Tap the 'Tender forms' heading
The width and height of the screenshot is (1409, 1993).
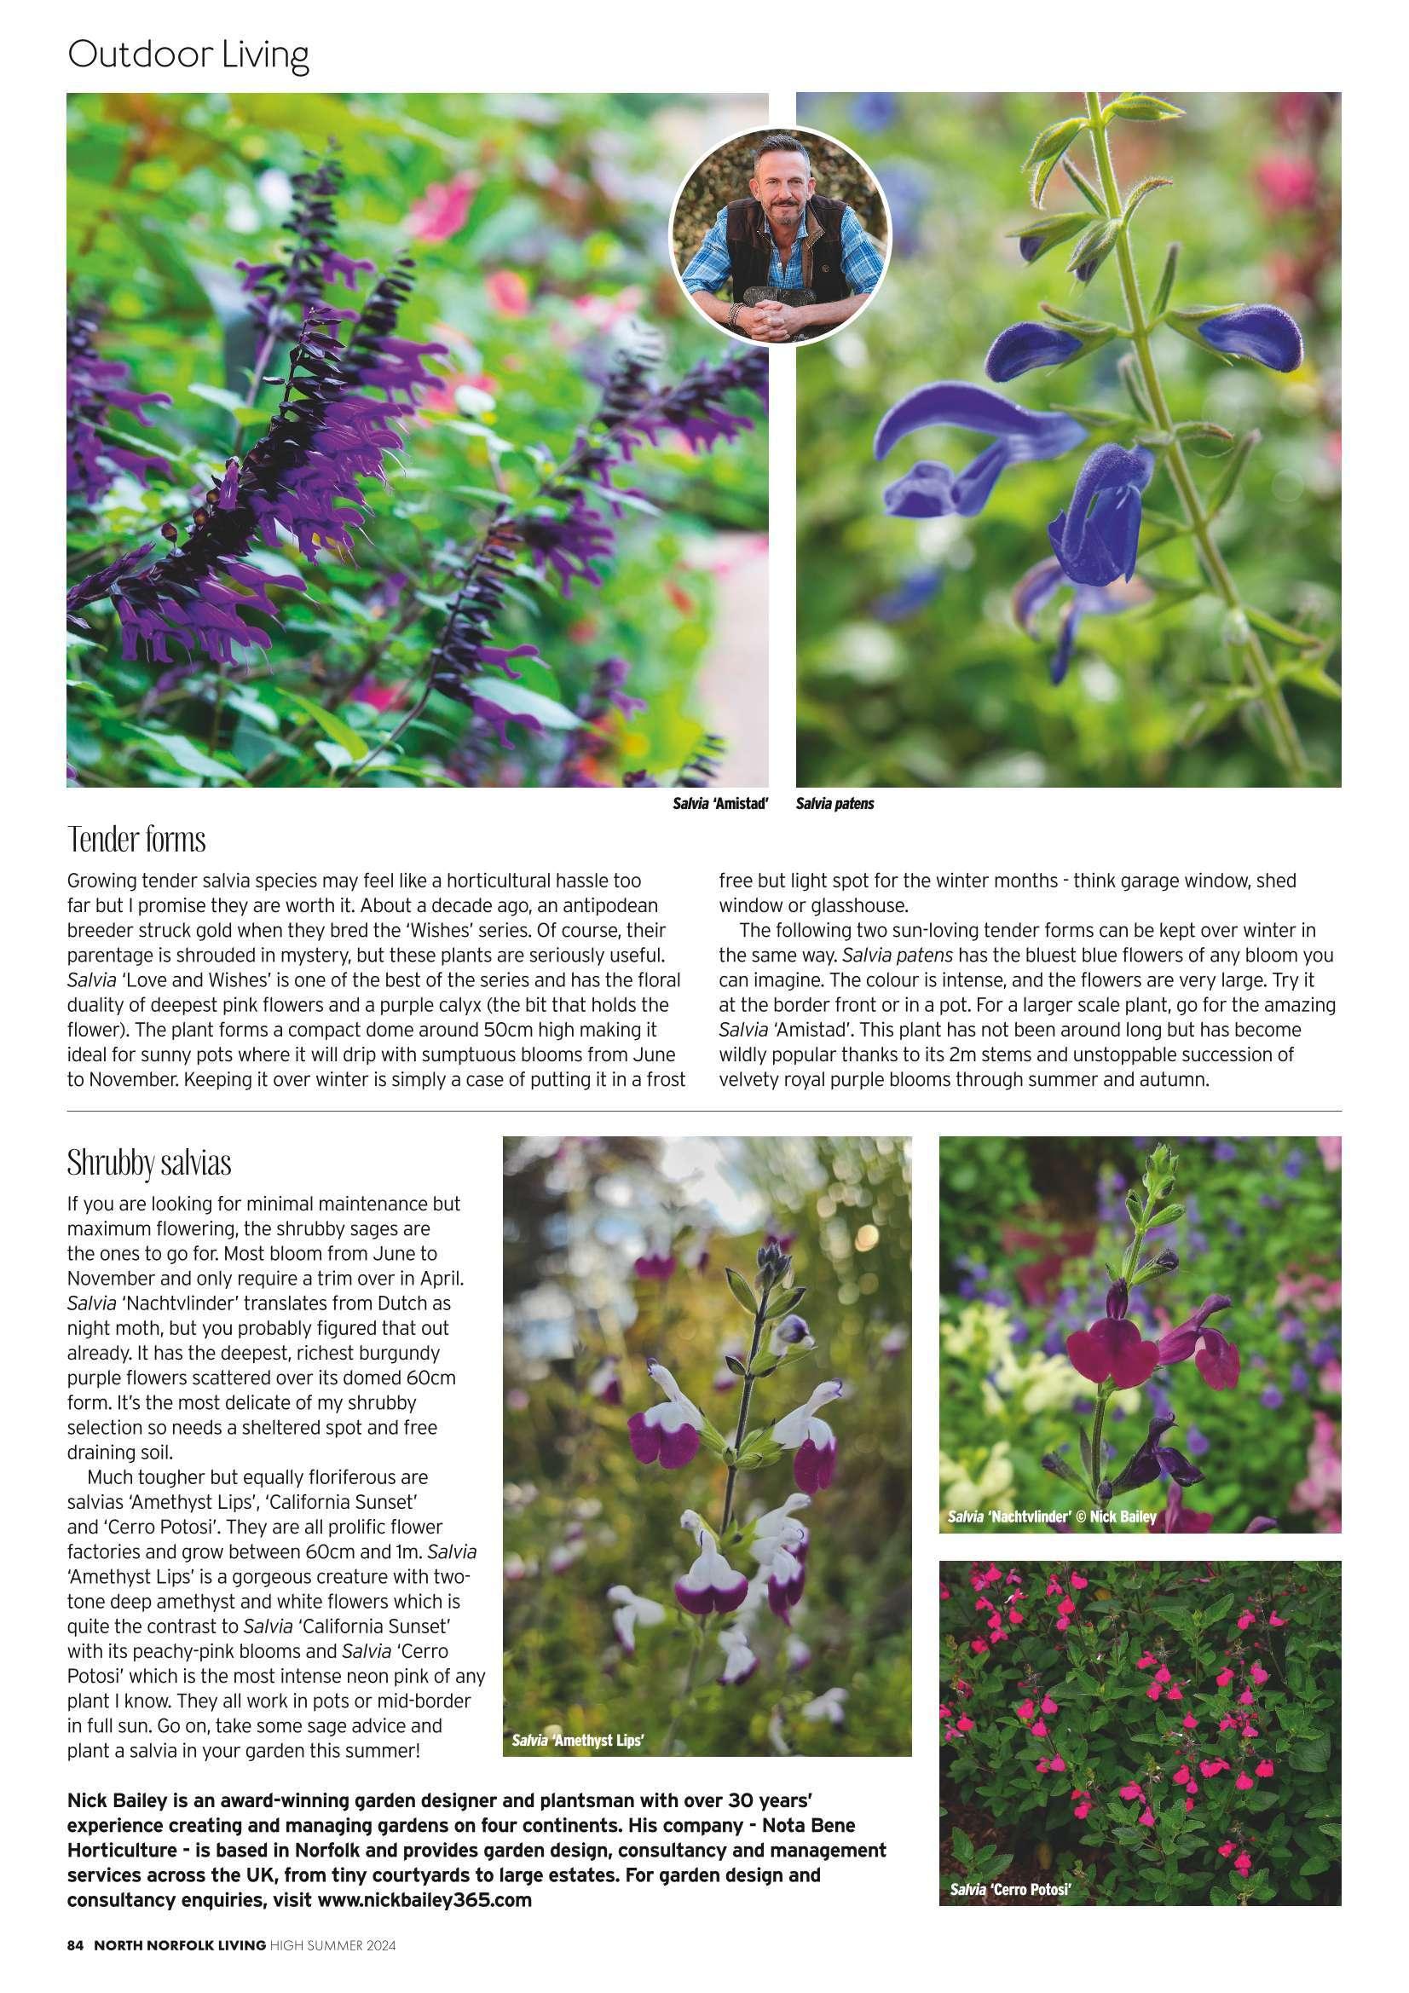(x=136, y=841)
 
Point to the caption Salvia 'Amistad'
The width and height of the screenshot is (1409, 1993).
(x=720, y=804)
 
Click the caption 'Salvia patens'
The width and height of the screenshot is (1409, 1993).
(x=834, y=804)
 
